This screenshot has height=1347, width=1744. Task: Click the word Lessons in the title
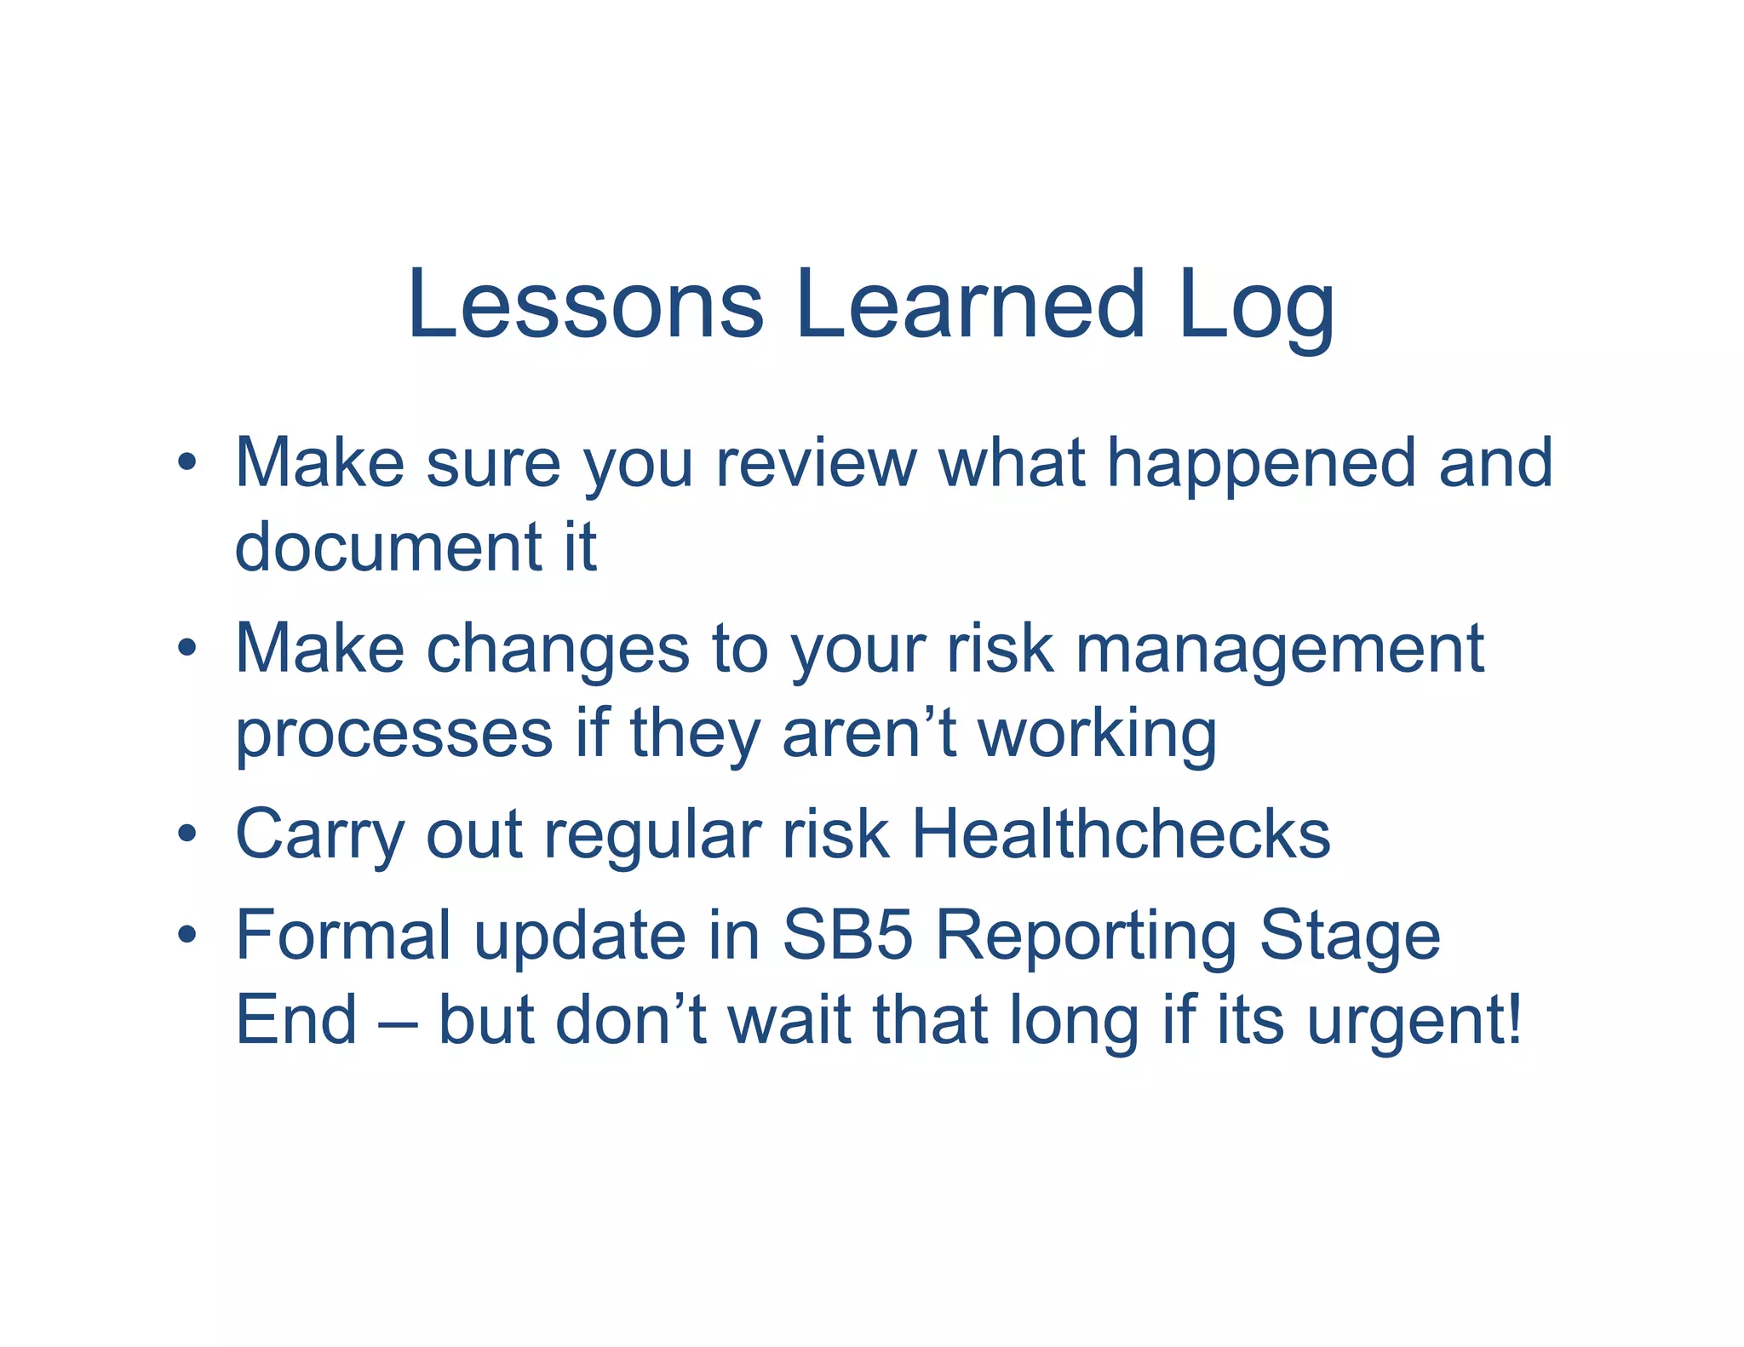[585, 304]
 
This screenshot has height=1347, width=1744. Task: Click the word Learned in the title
[970, 304]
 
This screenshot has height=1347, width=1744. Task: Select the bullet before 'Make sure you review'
[187, 464]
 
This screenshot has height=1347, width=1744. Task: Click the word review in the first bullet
[816, 464]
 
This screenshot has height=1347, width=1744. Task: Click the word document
[388, 547]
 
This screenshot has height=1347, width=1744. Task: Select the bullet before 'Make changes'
[187, 649]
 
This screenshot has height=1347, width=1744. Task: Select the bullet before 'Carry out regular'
[187, 834]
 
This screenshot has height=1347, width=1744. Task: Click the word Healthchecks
[1121, 834]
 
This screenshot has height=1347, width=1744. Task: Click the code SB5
[847, 935]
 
